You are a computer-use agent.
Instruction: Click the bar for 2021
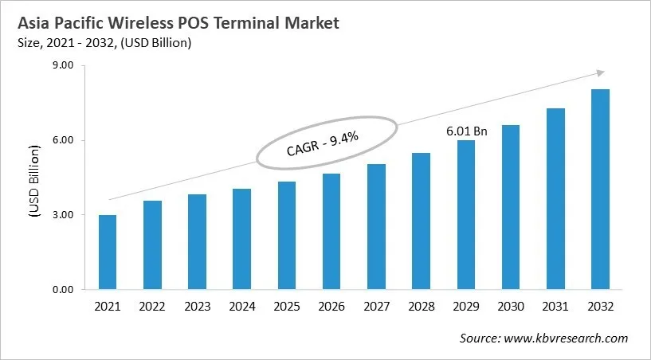coord(107,252)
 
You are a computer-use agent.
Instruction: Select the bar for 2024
coord(241,239)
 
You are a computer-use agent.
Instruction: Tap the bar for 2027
coord(376,227)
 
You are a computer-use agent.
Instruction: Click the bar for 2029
coord(465,215)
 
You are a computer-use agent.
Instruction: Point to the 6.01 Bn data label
coord(467,130)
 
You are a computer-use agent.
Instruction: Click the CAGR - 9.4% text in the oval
coord(323,143)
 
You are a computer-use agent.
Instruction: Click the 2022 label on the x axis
coord(152,307)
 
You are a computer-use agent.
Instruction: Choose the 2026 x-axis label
coord(331,307)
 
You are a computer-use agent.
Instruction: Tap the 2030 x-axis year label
coord(511,307)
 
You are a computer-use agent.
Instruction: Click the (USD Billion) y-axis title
coord(34,181)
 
